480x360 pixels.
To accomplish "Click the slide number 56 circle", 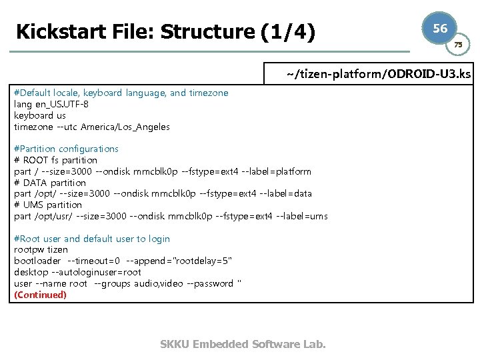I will point(440,29).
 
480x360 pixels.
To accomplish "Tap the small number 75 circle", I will point(458,45).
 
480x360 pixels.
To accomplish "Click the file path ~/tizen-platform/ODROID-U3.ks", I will point(379,73).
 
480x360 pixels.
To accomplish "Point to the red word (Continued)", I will point(41,295).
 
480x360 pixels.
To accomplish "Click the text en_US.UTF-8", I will point(61,104).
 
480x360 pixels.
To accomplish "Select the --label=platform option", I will point(275,171).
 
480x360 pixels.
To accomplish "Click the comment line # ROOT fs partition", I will point(55,160).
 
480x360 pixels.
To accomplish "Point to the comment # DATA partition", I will point(50,183).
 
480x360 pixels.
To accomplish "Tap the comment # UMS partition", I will point(48,205).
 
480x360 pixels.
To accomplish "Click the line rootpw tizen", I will point(41,250).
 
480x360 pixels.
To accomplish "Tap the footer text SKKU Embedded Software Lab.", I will point(243,344).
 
